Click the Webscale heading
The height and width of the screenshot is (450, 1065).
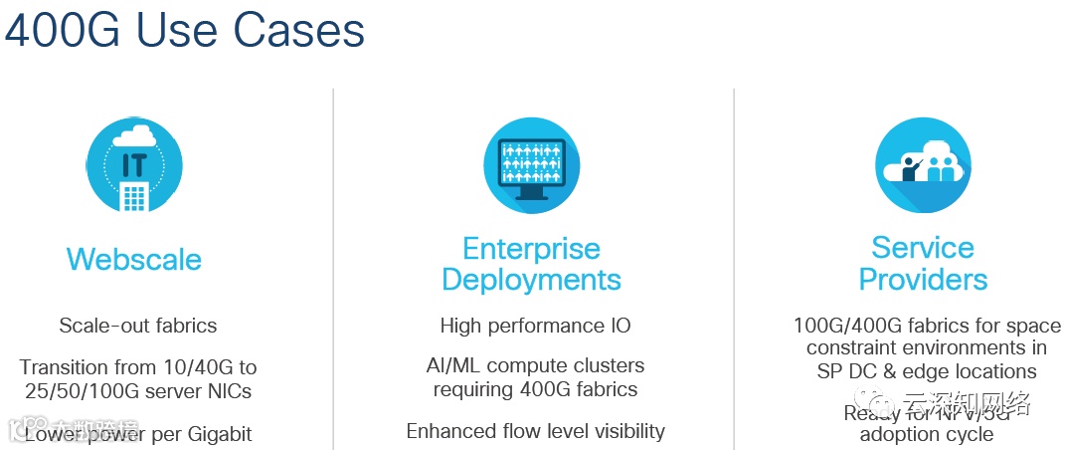[133, 260]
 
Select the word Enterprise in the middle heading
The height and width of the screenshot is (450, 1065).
[531, 248]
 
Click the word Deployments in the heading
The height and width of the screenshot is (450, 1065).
[531, 280]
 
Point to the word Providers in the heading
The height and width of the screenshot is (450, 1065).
[923, 279]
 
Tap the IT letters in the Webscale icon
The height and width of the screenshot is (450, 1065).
[134, 165]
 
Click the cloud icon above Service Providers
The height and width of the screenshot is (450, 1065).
[923, 165]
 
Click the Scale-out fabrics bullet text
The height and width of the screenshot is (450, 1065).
[137, 326]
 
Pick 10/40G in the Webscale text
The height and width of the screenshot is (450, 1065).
[192, 366]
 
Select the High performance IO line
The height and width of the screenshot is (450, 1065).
[535, 326]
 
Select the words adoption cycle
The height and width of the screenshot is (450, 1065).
[926, 435]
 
